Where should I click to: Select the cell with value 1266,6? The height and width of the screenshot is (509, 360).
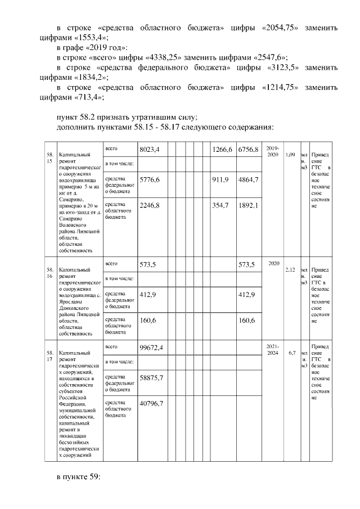223,150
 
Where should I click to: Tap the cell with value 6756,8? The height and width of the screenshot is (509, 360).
248,150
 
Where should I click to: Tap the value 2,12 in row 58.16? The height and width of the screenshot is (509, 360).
290,269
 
